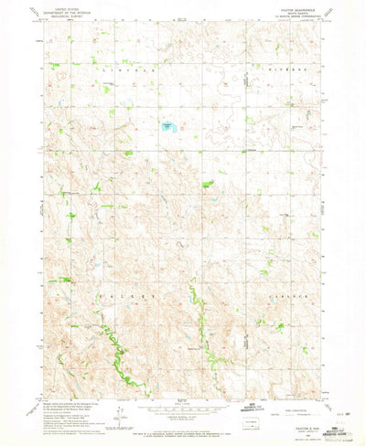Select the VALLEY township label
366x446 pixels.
pos(116,297)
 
